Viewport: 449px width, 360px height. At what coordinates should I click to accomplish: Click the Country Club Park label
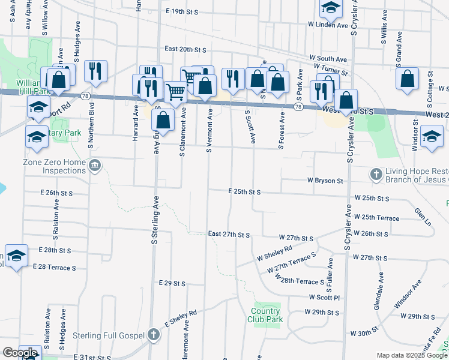(x=265, y=315)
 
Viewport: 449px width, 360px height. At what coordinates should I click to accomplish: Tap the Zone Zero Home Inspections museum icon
(x=95, y=166)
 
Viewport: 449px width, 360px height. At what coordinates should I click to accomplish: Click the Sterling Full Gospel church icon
(x=154, y=335)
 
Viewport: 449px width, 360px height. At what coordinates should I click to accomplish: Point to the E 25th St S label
(x=244, y=192)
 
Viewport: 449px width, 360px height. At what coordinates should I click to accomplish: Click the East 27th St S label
(x=228, y=233)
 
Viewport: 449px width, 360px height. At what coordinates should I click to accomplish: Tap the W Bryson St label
(x=325, y=180)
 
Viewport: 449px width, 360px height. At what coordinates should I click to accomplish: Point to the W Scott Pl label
(x=325, y=297)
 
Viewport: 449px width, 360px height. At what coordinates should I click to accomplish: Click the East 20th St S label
(x=185, y=49)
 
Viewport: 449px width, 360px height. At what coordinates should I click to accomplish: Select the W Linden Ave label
(x=328, y=26)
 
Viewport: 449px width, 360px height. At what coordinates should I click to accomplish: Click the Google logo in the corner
(x=20, y=353)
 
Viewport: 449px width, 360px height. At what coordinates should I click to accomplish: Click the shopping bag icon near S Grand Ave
(x=408, y=79)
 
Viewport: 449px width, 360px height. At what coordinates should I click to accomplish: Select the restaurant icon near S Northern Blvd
(x=95, y=72)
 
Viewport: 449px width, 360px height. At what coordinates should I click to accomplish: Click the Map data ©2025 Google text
(x=412, y=355)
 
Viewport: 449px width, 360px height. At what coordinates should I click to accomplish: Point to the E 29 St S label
(x=172, y=282)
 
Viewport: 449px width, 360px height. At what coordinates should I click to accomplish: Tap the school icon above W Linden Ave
(x=330, y=8)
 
